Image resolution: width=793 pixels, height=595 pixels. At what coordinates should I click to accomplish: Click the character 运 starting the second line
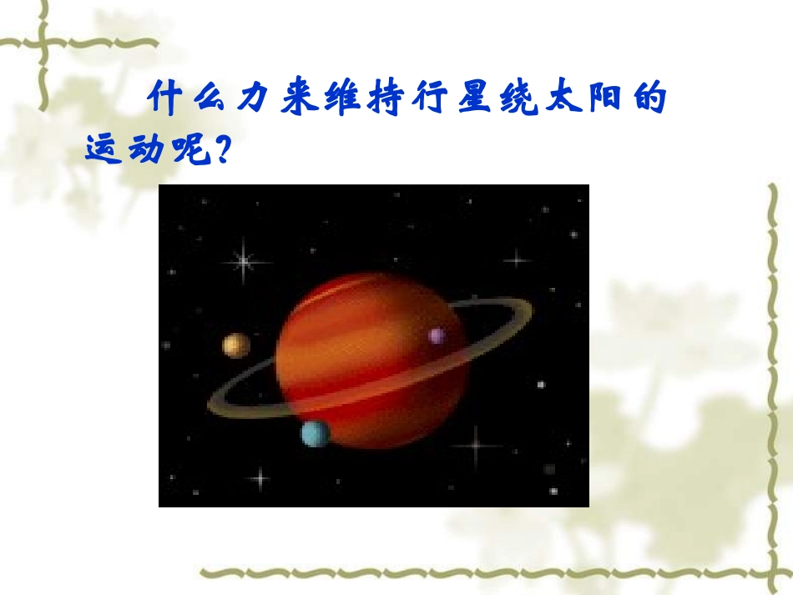click(104, 149)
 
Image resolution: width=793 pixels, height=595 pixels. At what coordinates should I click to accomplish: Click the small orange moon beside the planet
click(236, 345)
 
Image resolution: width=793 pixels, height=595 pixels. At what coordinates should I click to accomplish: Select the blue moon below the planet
click(316, 433)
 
